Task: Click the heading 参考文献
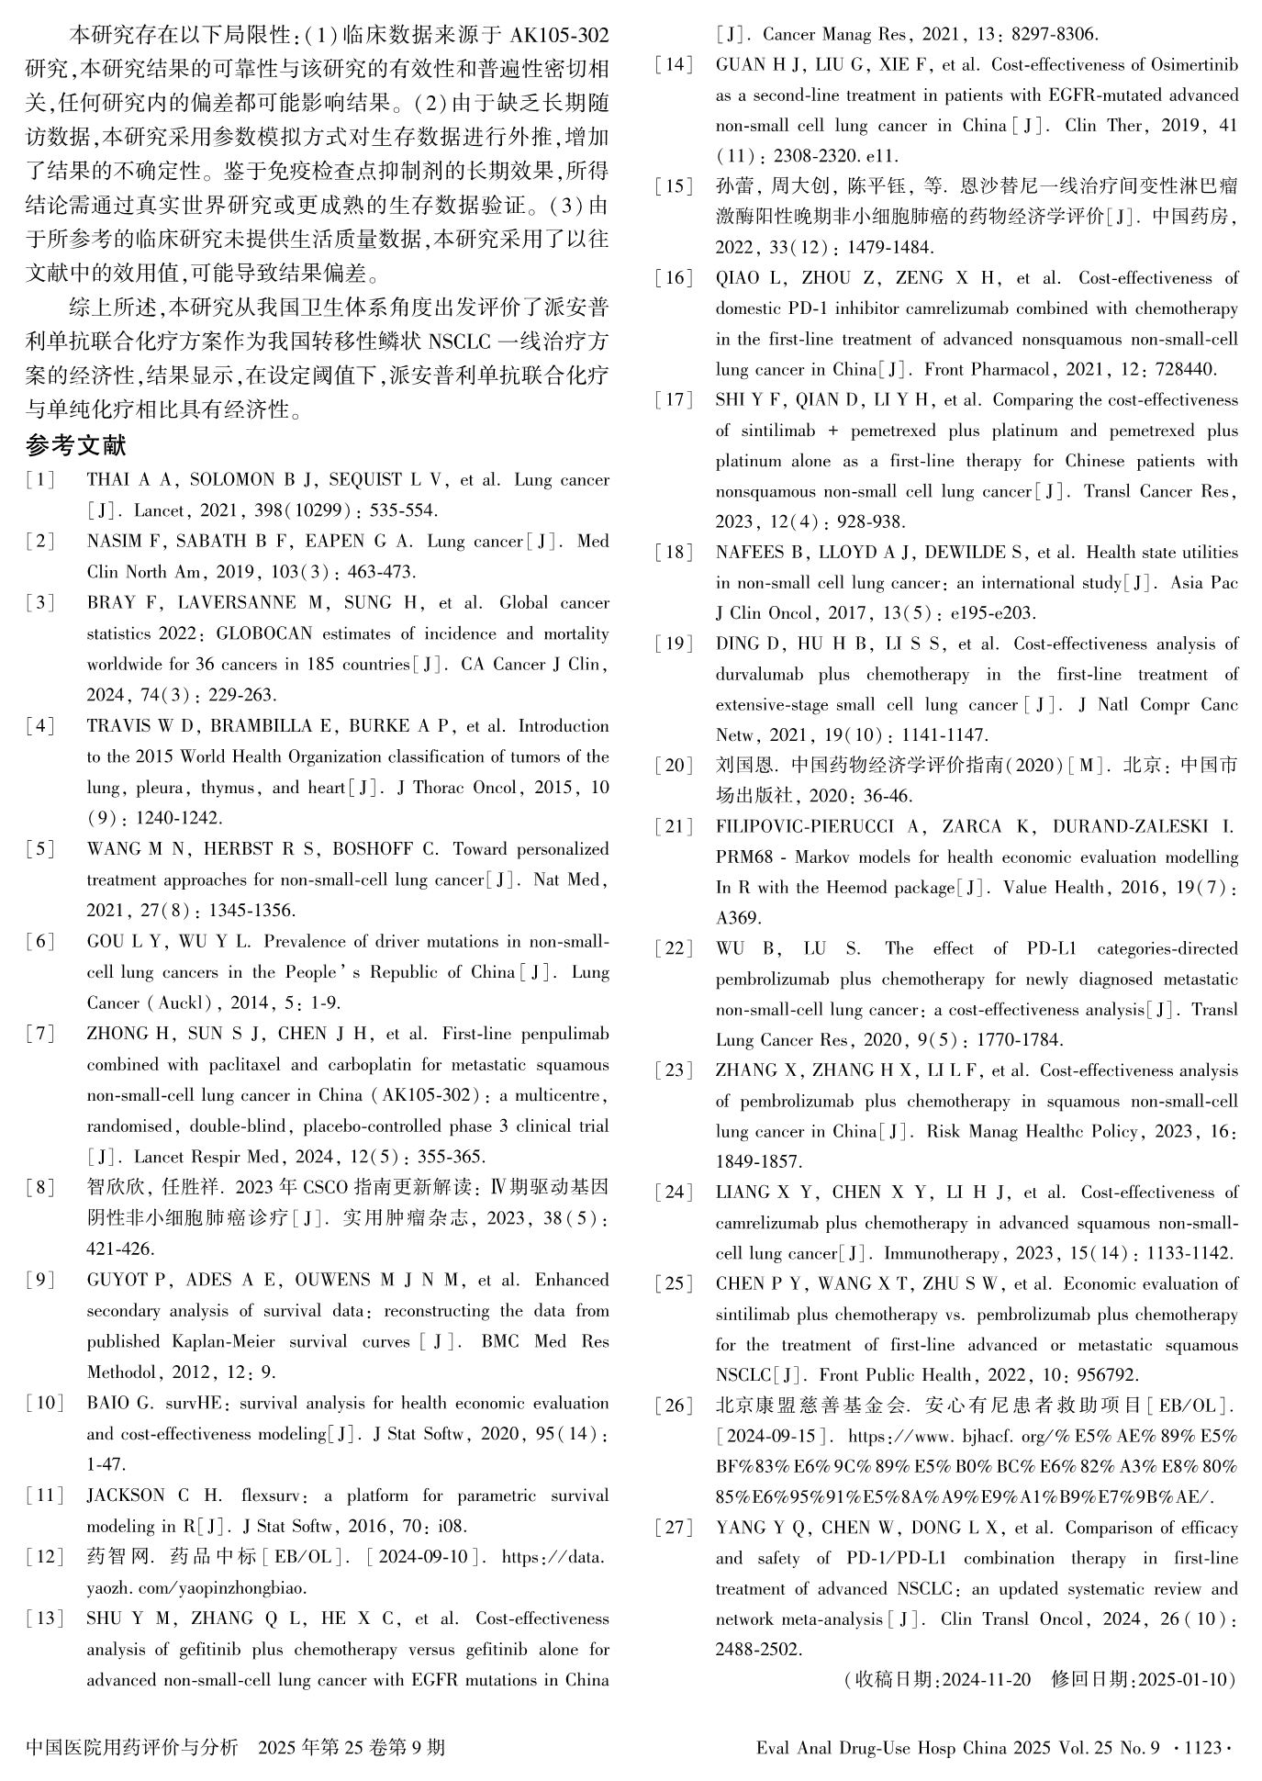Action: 76,446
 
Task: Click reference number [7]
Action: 40,1034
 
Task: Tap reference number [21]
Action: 674,827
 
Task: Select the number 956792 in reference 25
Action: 1106,1375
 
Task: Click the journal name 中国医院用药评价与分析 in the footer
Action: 132,1747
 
